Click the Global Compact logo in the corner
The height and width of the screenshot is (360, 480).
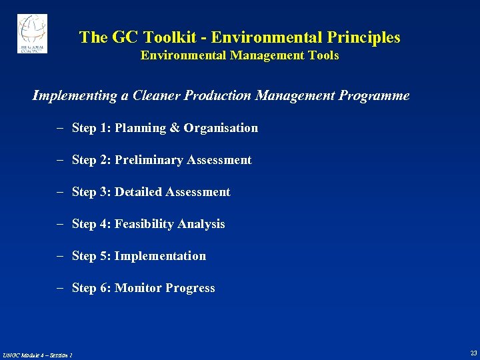(x=32, y=33)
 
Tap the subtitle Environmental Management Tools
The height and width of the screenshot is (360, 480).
(x=239, y=56)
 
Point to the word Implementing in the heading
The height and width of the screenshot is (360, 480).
(x=75, y=96)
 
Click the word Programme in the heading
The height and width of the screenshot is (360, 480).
(x=374, y=96)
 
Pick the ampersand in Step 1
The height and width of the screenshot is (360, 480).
(x=175, y=128)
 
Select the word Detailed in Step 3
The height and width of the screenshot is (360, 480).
(x=139, y=192)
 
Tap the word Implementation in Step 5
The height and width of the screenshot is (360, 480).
(x=160, y=256)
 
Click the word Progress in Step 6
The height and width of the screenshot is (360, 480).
(x=190, y=288)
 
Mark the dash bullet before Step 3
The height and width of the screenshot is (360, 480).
(x=59, y=192)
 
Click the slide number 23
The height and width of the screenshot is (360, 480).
(x=473, y=353)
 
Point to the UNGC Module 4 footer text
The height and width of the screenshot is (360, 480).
(x=37, y=354)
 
